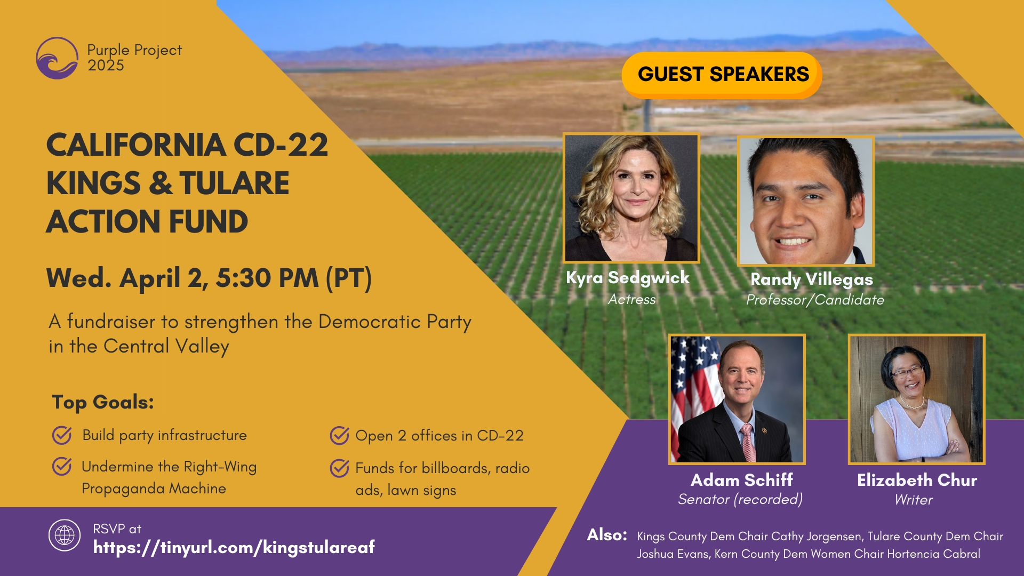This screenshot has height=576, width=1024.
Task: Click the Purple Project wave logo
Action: (x=57, y=58)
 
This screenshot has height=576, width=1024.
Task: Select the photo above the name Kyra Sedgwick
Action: (x=631, y=198)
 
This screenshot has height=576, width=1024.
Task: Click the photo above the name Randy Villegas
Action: (x=806, y=201)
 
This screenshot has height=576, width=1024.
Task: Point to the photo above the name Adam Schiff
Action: (x=737, y=399)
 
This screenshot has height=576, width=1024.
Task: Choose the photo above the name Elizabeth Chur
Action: (x=917, y=399)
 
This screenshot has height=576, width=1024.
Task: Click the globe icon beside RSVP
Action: (x=65, y=535)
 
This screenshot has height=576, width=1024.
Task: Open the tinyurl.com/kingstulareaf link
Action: (x=234, y=547)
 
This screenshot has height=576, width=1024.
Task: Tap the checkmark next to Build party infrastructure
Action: (x=62, y=435)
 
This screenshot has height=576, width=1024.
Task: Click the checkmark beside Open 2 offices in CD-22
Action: (x=339, y=435)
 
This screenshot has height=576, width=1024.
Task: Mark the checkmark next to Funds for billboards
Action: (x=339, y=468)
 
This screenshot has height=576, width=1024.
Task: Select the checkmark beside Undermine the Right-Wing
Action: (x=62, y=466)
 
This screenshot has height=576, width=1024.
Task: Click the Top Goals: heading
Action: (x=103, y=402)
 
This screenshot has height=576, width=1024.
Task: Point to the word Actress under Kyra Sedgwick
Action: (x=632, y=299)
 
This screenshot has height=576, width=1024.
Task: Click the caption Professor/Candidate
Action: (x=815, y=300)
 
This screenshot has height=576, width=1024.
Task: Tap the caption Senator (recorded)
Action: (x=740, y=499)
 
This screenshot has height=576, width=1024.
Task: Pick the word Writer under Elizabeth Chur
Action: (x=914, y=500)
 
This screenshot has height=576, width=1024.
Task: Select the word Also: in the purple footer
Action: (x=607, y=535)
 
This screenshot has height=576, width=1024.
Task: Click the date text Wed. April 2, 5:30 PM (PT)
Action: (x=209, y=278)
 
